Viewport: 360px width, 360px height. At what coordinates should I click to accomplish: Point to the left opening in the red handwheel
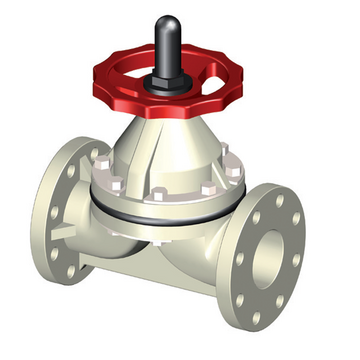click(127, 84)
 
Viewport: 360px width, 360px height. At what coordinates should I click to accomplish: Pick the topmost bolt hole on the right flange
click(279, 199)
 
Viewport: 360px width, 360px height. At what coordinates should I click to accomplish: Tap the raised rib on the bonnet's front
click(160, 160)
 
